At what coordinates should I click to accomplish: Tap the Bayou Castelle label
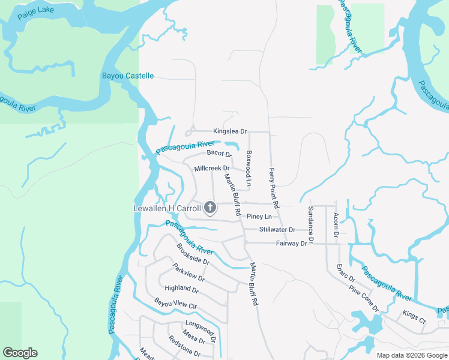(128, 76)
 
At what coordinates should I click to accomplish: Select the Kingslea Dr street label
(230, 131)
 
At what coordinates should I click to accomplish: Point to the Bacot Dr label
(219, 154)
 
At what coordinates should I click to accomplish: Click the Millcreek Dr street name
(212, 169)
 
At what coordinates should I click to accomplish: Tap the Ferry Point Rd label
(274, 188)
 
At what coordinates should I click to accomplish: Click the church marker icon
(210, 208)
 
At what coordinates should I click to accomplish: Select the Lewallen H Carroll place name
(166, 208)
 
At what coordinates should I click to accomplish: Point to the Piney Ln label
(259, 217)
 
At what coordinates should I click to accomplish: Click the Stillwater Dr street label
(277, 230)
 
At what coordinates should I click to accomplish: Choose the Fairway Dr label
(291, 243)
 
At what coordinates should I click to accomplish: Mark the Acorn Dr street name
(336, 225)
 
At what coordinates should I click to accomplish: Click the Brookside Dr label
(193, 254)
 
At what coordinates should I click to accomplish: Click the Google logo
(20, 353)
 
